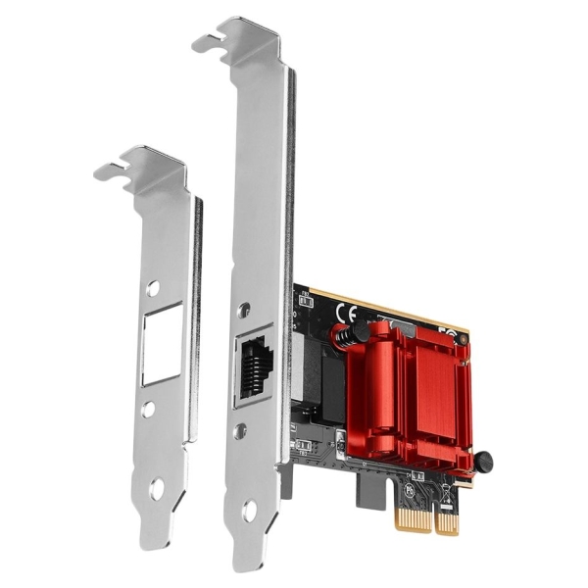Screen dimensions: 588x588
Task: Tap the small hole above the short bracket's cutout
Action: tap(153, 288)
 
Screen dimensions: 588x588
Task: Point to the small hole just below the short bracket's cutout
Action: tap(148, 409)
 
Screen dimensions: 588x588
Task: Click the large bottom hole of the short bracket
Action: tap(157, 486)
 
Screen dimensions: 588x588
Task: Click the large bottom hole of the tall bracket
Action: tap(249, 510)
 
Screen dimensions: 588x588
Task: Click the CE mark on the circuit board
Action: tap(345, 314)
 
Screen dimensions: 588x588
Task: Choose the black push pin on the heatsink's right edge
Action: tap(483, 460)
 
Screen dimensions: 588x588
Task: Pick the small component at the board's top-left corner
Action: tap(306, 293)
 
